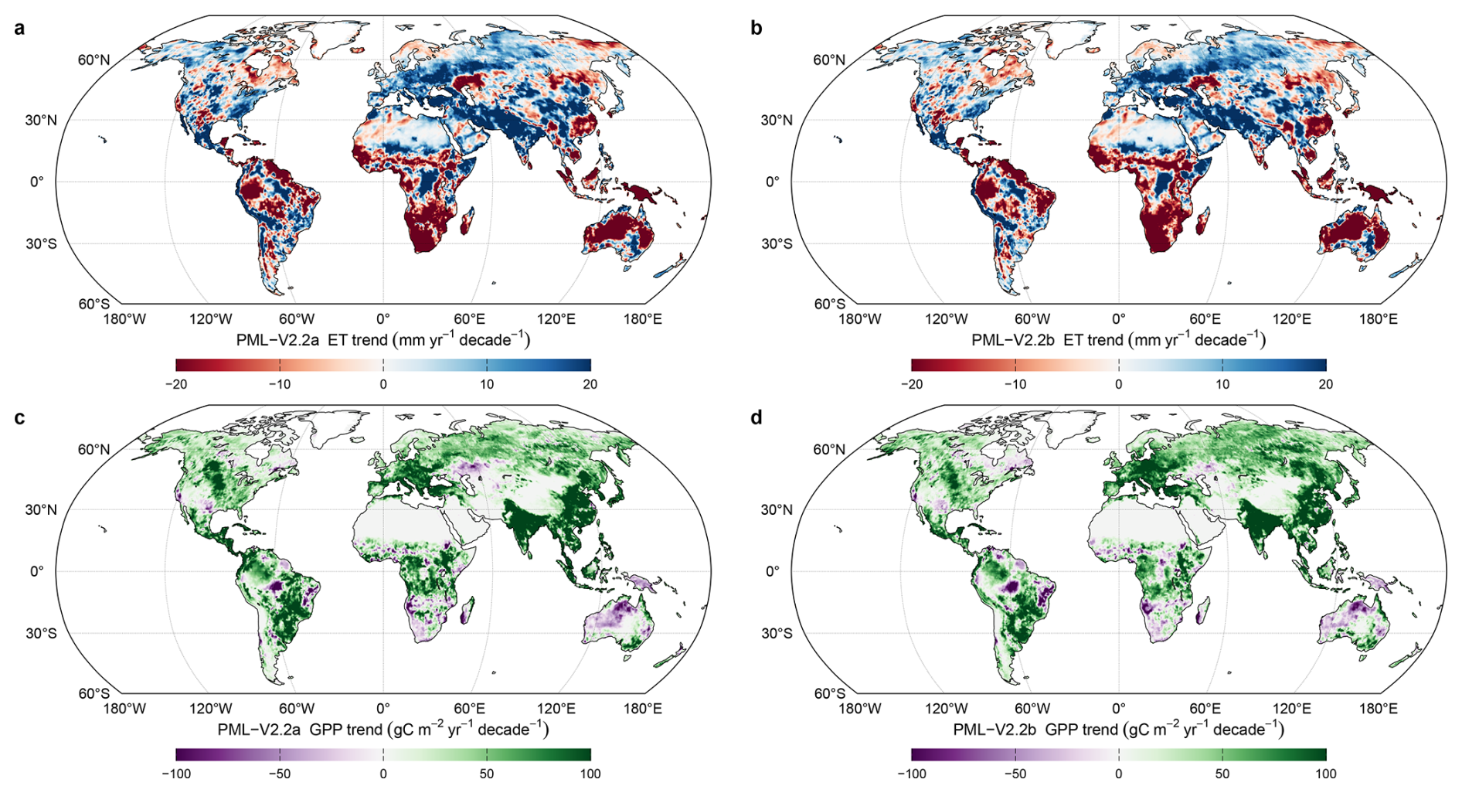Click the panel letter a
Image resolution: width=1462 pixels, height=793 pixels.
[19, 29]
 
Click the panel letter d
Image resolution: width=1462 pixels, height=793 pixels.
[756, 417]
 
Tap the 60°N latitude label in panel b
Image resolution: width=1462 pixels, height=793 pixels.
[829, 60]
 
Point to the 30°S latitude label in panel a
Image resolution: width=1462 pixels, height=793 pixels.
[41, 244]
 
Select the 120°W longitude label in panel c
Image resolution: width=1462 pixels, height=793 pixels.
[211, 709]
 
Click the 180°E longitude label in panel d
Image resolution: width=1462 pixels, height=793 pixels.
[1379, 709]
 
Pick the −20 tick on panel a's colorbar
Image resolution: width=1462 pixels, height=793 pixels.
[176, 384]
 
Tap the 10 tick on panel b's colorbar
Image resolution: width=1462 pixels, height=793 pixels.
[1222, 384]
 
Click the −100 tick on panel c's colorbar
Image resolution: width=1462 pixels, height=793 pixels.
[176, 774]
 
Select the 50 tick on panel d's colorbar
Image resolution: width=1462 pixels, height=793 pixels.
[1222, 774]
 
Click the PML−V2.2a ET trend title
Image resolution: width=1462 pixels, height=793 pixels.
[383, 340]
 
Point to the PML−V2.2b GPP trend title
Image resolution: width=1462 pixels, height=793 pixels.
[1119, 730]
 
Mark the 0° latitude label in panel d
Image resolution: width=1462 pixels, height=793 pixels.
[773, 571]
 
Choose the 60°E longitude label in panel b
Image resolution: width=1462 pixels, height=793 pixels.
[1205, 319]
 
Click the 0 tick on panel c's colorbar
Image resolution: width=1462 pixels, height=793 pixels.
[383, 774]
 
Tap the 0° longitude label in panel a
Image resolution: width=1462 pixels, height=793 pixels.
[383, 319]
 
